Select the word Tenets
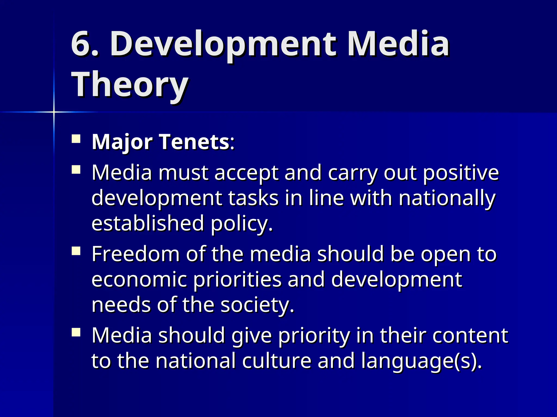[194, 142]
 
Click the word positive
[461, 173]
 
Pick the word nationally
[447, 198]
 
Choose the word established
[148, 223]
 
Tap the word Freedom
[135, 254]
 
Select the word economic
[139, 280]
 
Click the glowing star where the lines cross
[54, 112]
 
